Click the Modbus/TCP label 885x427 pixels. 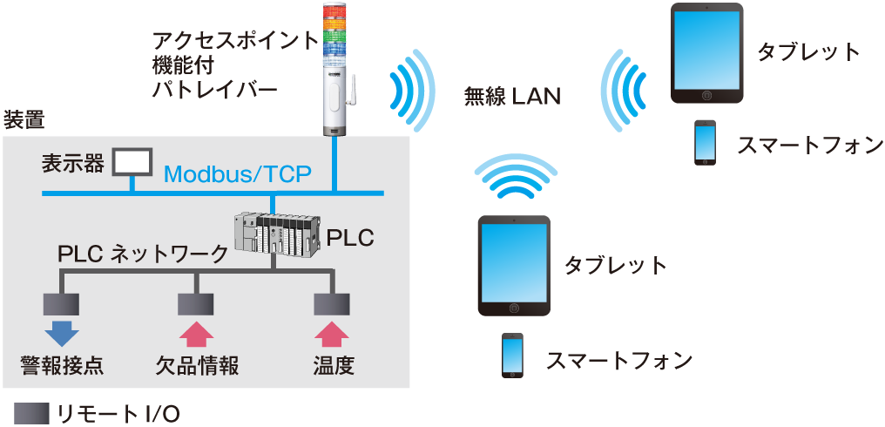coord(237,173)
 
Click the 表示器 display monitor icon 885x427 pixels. coord(132,161)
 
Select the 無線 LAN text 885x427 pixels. coord(511,97)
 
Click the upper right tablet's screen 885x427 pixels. coord(706,51)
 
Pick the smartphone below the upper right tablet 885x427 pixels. coord(705,141)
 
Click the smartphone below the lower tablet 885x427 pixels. coord(512,355)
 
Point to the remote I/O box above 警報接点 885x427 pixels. coord(61,303)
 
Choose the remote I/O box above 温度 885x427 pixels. coord(331,303)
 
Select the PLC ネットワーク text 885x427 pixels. coord(141,254)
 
